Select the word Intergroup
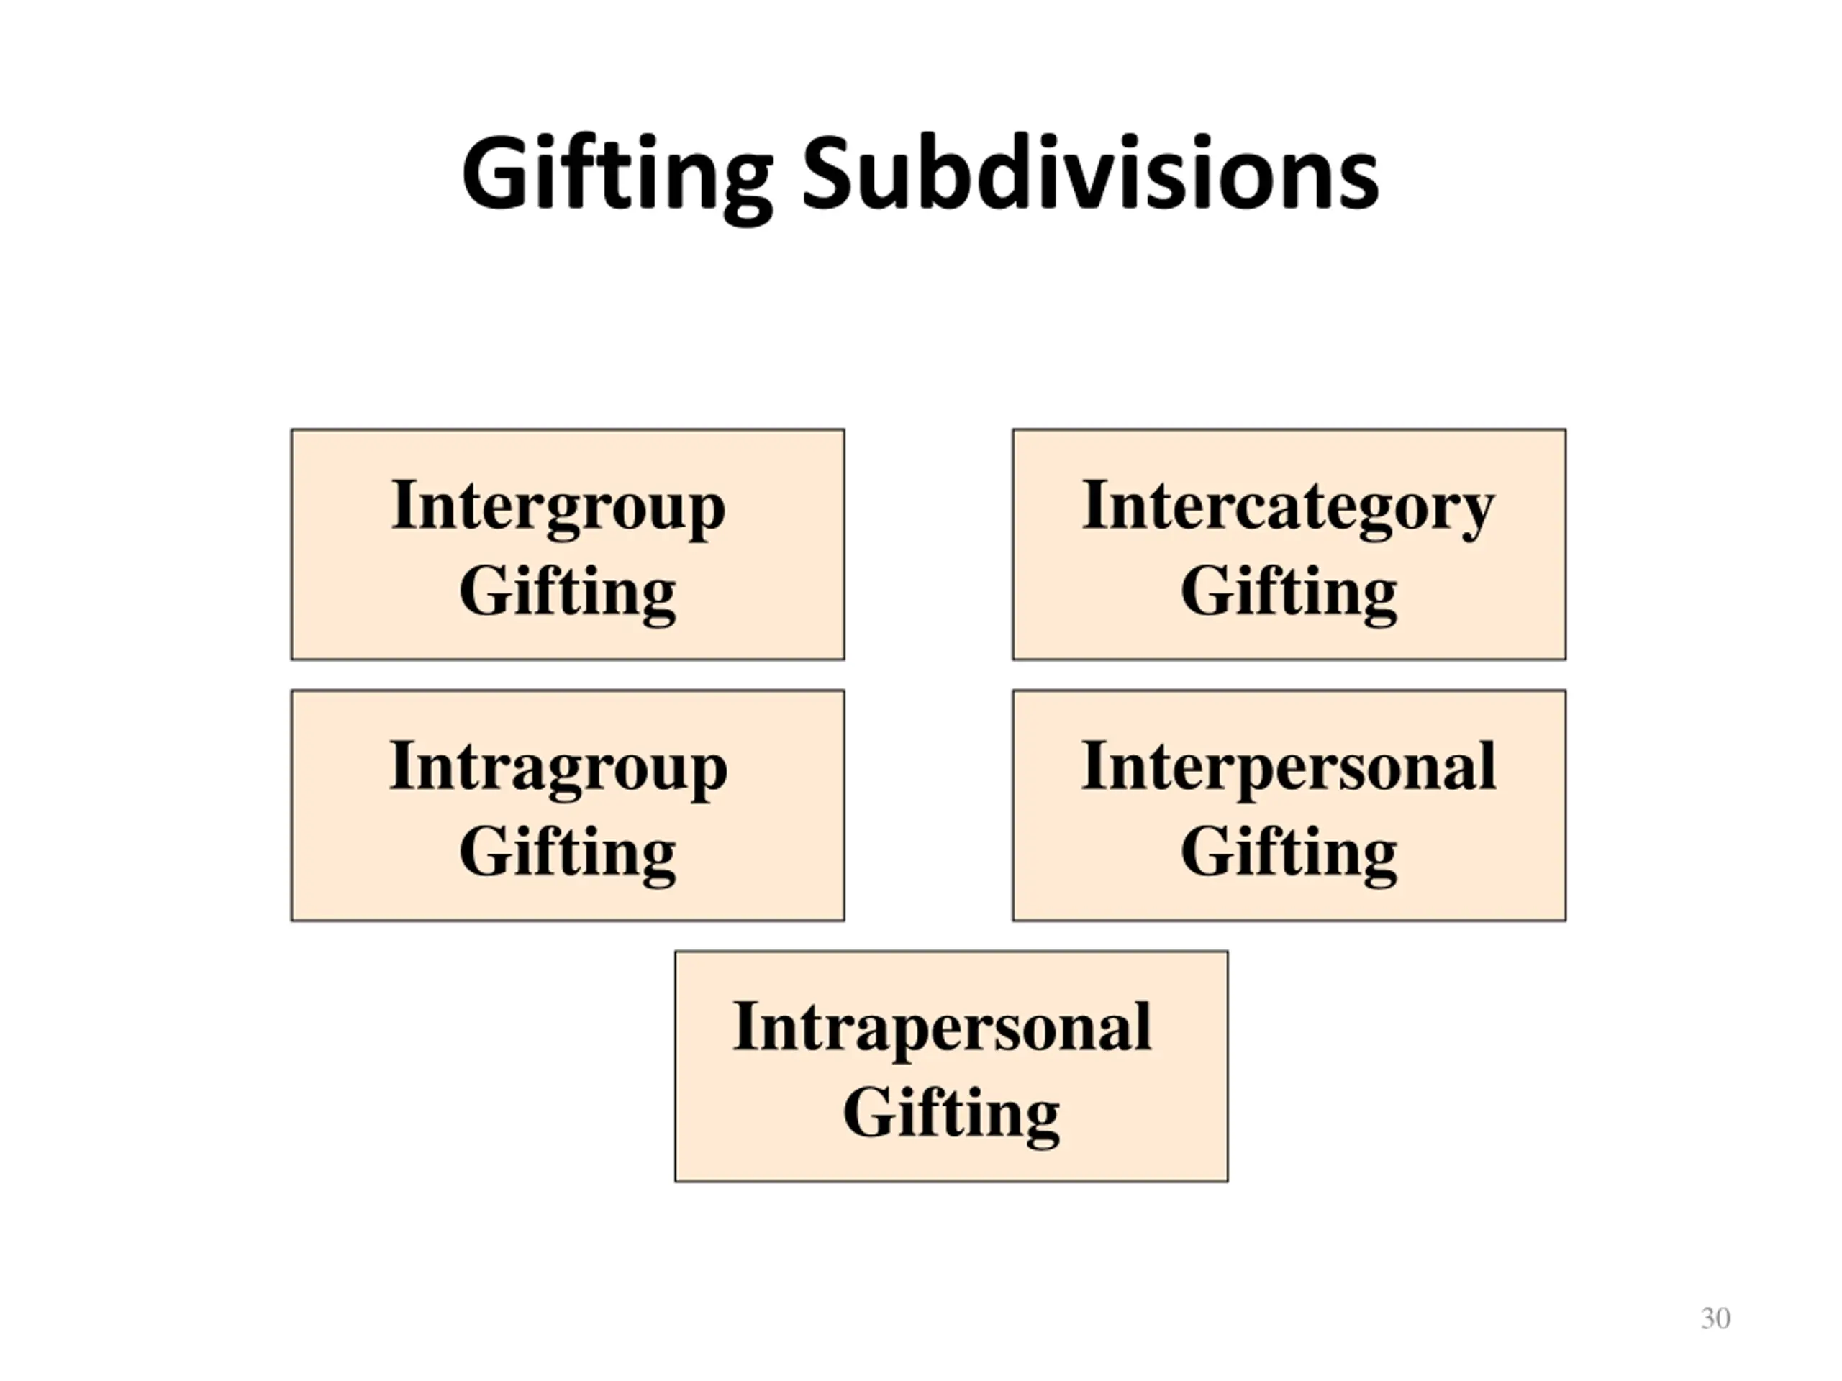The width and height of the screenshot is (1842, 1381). point(558,507)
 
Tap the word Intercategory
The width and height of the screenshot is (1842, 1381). point(1287,507)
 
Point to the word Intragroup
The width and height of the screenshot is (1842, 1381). point(558,767)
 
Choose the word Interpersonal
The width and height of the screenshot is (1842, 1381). point(1288,767)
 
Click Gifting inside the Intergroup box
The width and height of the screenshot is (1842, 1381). point(567,593)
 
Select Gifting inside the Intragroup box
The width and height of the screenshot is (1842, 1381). point(567,853)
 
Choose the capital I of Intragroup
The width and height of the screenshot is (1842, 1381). point(403,765)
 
